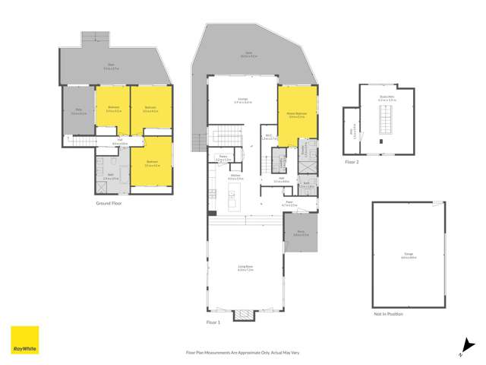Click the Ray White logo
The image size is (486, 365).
tap(24, 341)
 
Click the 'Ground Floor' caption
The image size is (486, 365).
tap(111, 203)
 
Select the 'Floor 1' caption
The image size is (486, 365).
tap(213, 322)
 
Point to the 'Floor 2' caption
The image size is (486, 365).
tap(351, 162)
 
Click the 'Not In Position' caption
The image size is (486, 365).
tap(388, 313)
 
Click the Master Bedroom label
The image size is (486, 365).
tap(297, 115)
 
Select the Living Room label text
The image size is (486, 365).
tap(244, 267)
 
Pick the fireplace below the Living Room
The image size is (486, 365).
tap(244, 314)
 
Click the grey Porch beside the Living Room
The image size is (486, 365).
tap(301, 233)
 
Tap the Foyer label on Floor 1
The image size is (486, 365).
tap(289, 204)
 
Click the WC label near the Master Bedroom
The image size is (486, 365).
tap(267, 138)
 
